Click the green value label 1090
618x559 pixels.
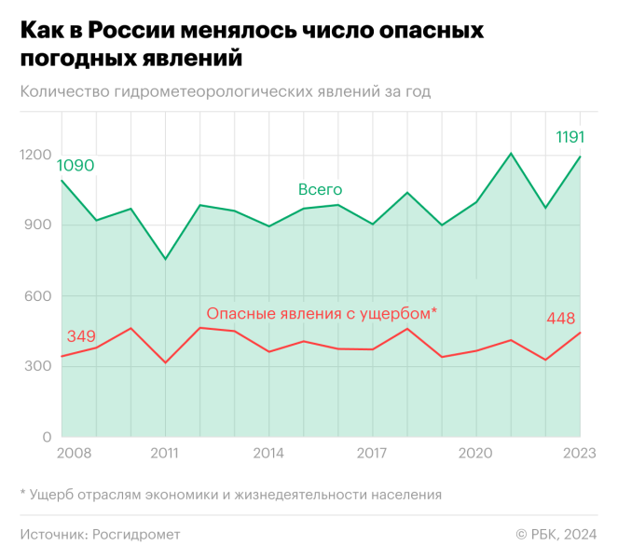76,166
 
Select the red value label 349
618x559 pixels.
81,335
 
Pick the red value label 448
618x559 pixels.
560,319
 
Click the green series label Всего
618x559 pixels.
320,189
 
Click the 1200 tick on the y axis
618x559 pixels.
35,154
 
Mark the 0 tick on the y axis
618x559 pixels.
48,436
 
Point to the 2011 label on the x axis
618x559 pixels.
165,454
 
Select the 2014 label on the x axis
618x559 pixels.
268,454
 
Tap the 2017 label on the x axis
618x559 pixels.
372,454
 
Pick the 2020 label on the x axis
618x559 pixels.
475,454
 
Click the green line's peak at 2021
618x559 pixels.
511,153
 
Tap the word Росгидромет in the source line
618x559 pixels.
136,534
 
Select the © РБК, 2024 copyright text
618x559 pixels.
556,534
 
